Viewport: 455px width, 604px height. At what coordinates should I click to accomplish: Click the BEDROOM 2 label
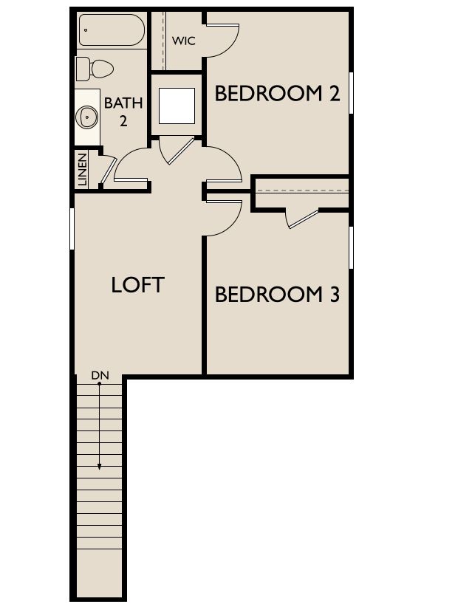[x=278, y=94]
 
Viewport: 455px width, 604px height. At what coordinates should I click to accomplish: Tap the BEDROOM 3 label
[x=278, y=295]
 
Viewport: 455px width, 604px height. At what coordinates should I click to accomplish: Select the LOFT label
[x=137, y=285]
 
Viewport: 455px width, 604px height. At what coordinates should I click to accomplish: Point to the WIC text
[x=183, y=41]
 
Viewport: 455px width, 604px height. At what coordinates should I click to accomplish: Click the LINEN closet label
[x=83, y=170]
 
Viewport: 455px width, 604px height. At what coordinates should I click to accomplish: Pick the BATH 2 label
[x=123, y=111]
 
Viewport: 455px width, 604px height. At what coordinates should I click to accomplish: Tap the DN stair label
[x=100, y=375]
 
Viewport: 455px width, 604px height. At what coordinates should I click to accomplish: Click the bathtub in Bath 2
[x=112, y=30]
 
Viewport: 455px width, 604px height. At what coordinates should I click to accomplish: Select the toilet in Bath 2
[x=95, y=69]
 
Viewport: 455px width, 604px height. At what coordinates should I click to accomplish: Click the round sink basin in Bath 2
[x=86, y=117]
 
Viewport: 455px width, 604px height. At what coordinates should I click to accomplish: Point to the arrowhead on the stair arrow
[x=100, y=467]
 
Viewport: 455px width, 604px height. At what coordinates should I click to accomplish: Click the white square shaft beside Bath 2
[x=177, y=106]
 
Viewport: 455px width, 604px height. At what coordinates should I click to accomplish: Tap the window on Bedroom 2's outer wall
[x=351, y=93]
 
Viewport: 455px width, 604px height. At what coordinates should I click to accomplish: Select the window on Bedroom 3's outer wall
[x=351, y=247]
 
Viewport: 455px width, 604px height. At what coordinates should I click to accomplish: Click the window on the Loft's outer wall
[x=72, y=228]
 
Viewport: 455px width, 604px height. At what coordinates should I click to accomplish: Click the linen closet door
[x=109, y=170]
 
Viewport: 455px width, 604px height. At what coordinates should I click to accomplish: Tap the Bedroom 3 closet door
[x=304, y=219]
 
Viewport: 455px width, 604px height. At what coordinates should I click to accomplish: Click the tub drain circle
[x=86, y=30]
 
